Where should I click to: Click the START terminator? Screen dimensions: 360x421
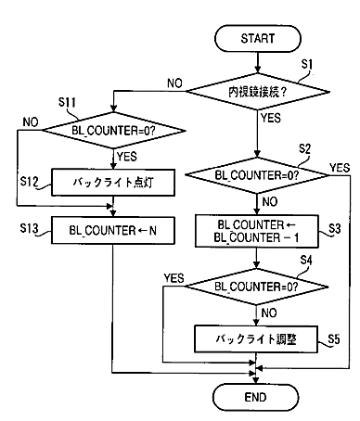[258, 39]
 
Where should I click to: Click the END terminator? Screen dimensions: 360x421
[256, 397]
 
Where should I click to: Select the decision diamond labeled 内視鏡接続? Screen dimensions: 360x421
[257, 92]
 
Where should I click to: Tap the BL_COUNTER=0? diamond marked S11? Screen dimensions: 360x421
[113, 130]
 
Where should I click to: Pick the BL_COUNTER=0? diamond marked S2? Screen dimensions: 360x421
[257, 175]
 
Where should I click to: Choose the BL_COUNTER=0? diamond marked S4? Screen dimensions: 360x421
[256, 287]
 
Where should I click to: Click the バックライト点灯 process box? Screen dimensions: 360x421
[113, 183]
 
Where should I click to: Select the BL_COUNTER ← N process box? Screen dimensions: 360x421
[113, 231]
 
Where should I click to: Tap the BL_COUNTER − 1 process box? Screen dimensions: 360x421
[257, 231]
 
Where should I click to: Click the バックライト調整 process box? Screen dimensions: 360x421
[256, 338]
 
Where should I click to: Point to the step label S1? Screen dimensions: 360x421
[307, 64]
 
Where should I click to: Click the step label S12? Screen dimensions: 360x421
[30, 182]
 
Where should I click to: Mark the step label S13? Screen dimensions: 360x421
[29, 228]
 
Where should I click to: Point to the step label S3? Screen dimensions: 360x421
[335, 229]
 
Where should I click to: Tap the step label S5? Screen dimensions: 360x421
[334, 339]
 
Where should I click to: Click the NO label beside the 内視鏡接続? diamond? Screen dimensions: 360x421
[175, 83]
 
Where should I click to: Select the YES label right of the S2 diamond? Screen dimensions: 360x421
[340, 168]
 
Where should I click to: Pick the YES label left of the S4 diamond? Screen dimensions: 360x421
[174, 278]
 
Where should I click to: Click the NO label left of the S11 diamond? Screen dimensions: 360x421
[31, 122]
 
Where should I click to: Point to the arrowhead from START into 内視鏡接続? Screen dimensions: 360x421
[257, 70]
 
